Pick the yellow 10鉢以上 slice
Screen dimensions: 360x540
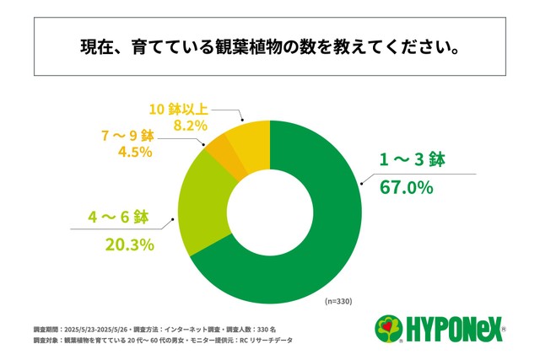coord(247,136)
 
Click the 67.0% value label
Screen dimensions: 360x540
coord(406,187)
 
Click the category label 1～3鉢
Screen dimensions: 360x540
coord(407,160)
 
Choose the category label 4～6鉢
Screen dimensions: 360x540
coord(117,218)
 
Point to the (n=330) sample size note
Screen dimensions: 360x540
coord(338,300)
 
